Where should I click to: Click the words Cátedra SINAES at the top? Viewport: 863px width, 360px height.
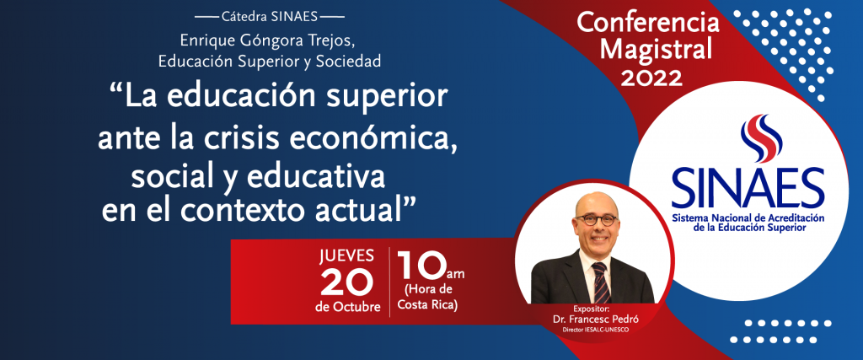coord(270,17)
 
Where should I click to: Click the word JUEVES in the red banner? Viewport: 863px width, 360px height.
coord(346,256)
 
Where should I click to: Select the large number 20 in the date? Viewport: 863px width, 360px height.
coord(346,282)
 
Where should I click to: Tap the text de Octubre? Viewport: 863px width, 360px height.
coord(348,307)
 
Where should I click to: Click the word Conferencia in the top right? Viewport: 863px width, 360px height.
coord(648,23)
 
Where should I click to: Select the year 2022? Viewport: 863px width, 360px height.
coord(651,78)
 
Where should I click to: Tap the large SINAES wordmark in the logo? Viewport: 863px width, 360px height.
coord(748,188)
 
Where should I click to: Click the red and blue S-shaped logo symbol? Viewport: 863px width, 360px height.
coord(762,138)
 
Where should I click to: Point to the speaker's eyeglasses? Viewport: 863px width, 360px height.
coord(596,220)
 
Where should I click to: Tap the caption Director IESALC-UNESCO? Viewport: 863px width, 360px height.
coord(594,330)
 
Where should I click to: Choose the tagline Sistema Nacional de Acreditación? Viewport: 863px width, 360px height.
coord(748,218)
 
